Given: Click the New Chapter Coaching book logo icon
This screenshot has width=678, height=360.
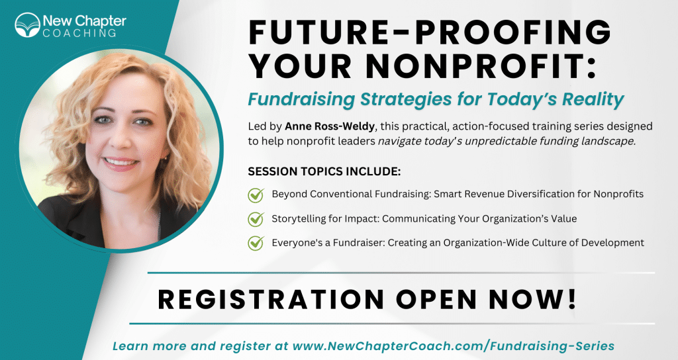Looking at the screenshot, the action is point(27,25).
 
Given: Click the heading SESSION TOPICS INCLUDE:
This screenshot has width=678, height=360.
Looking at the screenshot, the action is point(324,171).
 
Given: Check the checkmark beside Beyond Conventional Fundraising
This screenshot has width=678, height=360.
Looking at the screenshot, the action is point(256,195).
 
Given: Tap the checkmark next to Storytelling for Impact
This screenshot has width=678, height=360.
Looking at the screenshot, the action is point(256,219).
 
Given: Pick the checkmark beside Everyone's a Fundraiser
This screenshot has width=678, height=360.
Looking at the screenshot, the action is point(256,243).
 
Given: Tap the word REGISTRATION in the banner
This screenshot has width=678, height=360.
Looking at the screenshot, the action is point(271,299).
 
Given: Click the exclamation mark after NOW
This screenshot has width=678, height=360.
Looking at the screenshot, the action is point(573,299).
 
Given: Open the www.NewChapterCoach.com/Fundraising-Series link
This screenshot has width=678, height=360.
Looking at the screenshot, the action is point(454,346).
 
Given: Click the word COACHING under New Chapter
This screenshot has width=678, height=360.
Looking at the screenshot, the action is point(79,33).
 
